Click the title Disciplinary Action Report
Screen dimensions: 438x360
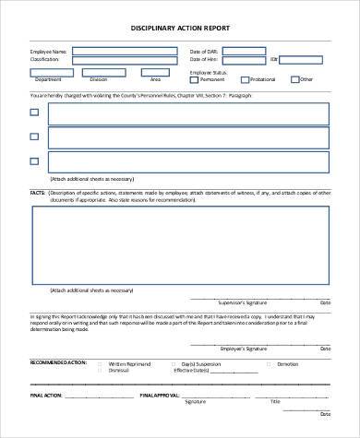179,28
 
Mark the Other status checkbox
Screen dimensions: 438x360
294,79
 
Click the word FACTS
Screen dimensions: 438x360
38,192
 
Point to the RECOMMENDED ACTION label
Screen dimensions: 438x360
54,363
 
